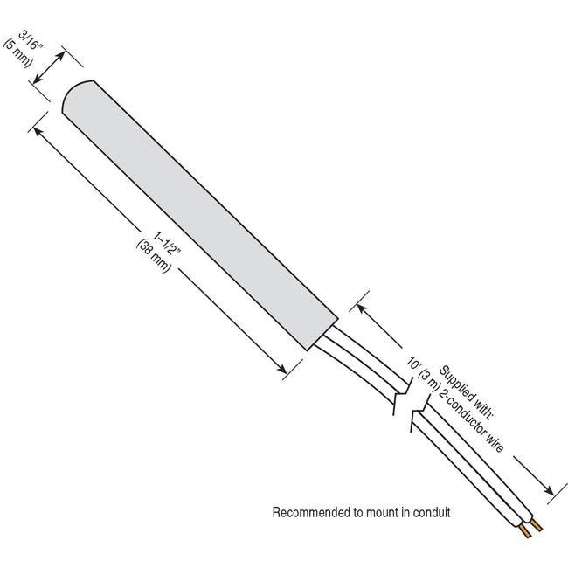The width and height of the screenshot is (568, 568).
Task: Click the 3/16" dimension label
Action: (31, 41)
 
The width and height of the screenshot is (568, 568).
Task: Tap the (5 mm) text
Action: (17, 53)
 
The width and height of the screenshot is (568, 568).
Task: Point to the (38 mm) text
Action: (154, 256)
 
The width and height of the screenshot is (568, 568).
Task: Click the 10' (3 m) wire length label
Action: (422, 373)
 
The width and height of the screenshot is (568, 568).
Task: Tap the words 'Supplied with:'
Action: (466, 392)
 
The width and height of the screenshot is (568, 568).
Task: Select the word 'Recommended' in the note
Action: (311, 513)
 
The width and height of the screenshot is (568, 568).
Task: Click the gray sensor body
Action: (200, 215)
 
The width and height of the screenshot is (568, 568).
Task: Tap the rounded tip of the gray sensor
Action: (74, 94)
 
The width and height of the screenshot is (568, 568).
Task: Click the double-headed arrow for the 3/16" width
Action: (49, 67)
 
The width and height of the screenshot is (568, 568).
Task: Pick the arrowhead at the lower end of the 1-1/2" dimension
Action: (282, 369)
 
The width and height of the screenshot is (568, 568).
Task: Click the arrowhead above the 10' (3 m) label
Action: (362, 309)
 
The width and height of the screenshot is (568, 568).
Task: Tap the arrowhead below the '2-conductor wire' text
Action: (549, 490)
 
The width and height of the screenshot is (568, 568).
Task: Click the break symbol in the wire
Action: (412, 405)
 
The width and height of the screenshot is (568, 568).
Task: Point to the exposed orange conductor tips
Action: (530, 528)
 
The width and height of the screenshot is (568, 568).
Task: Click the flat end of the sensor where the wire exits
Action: (322, 335)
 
